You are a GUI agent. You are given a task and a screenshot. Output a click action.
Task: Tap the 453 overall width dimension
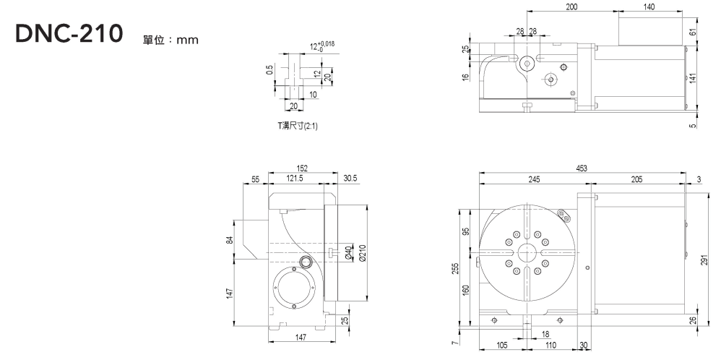pos(582,168)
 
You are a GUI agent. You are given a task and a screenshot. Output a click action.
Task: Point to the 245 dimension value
pos(534,180)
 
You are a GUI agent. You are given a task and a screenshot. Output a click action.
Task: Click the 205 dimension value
pos(636,180)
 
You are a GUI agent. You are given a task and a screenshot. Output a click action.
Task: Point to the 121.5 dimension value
pos(294,178)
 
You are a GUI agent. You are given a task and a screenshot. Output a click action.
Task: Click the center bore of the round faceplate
pos(525,253)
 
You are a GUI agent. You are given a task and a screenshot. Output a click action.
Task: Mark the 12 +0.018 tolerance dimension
pos(321,48)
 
